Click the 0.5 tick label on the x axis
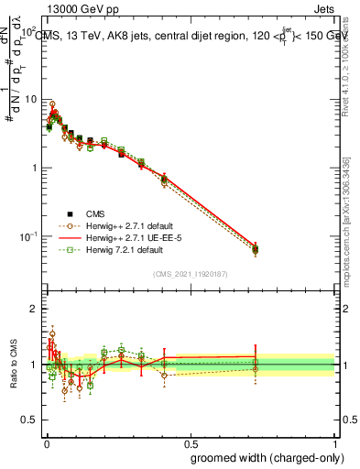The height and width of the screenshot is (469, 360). (x=190, y=442)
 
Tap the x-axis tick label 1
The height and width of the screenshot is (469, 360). (x=334, y=442)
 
